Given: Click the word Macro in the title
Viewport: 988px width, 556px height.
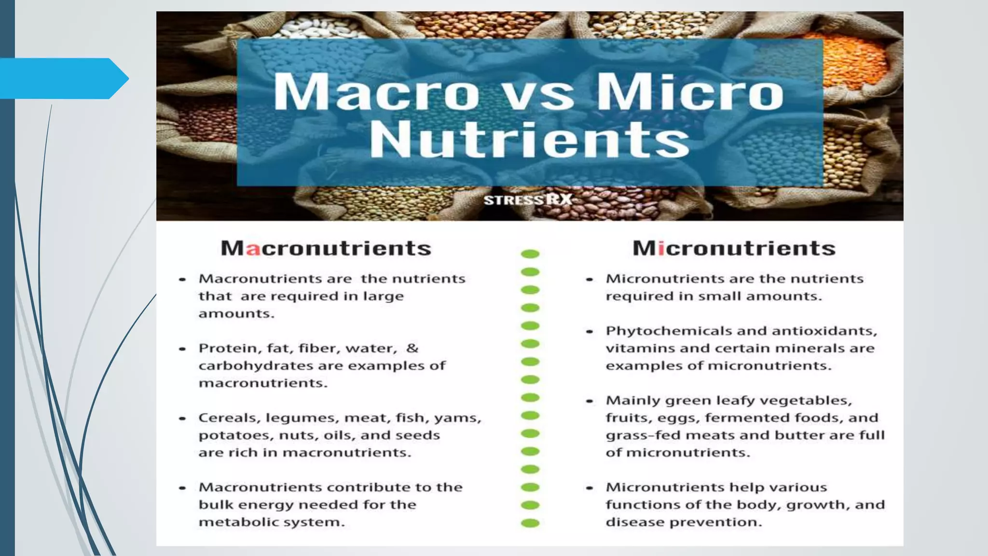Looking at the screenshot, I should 376,92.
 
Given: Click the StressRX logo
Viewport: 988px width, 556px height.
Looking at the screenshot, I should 528,200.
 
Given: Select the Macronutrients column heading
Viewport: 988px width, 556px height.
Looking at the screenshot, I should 326,248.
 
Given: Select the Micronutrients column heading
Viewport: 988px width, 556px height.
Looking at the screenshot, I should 734,248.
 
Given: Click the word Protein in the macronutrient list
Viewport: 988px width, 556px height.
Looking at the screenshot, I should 224,348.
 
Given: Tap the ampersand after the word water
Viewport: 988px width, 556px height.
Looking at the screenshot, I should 412,348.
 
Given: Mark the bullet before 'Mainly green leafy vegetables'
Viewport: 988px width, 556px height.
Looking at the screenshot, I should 590,401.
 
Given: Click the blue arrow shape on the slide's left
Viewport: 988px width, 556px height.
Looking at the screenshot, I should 63,78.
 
